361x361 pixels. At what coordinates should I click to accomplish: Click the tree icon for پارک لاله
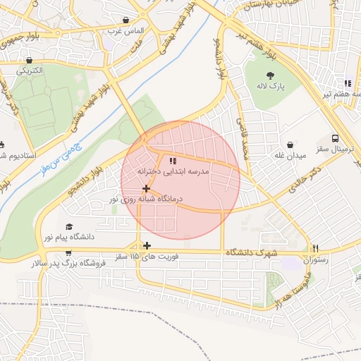(x=269, y=75)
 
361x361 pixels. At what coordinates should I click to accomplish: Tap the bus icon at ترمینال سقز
(x=335, y=138)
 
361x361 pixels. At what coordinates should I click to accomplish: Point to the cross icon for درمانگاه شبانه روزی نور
(x=146, y=188)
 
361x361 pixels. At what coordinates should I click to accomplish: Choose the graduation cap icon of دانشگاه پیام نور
(x=69, y=226)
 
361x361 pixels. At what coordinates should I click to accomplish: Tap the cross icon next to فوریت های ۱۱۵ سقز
(x=147, y=245)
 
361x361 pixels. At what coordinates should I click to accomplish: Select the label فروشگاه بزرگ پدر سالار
(x=68, y=263)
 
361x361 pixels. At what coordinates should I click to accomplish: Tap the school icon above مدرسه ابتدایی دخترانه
(x=173, y=161)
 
